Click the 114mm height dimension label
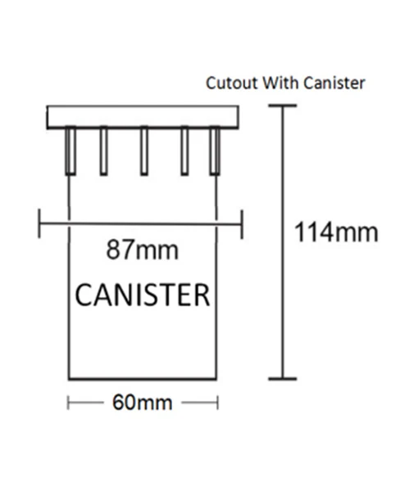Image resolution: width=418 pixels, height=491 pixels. [x=336, y=232]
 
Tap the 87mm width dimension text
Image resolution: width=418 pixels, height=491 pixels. [x=143, y=250]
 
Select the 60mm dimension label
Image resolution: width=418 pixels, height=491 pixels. [x=143, y=403]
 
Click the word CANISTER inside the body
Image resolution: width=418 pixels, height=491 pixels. [x=143, y=295]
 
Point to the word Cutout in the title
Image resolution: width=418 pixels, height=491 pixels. [x=233, y=83]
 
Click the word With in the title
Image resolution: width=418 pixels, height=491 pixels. [x=280, y=83]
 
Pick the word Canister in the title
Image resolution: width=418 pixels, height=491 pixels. [x=334, y=83]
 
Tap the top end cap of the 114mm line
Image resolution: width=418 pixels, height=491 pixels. [x=283, y=106]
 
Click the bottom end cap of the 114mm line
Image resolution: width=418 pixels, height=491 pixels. [x=283, y=379]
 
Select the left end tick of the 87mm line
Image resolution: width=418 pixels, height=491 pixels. [x=39, y=223]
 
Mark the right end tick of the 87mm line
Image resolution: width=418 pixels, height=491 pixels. [x=242, y=224]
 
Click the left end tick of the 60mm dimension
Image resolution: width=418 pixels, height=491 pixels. [x=68, y=403]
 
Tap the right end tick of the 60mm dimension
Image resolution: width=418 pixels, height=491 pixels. [x=217, y=403]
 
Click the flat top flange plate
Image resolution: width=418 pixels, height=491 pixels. [x=143, y=117]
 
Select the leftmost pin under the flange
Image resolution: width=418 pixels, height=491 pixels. [x=70, y=151]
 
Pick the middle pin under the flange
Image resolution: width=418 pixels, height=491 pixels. [x=144, y=151]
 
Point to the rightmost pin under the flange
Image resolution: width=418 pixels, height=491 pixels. [x=215, y=151]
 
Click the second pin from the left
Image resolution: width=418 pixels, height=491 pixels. [x=104, y=151]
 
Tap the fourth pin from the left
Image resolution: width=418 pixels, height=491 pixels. [x=184, y=151]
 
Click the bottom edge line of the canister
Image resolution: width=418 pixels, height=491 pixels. [x=143, y=379]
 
